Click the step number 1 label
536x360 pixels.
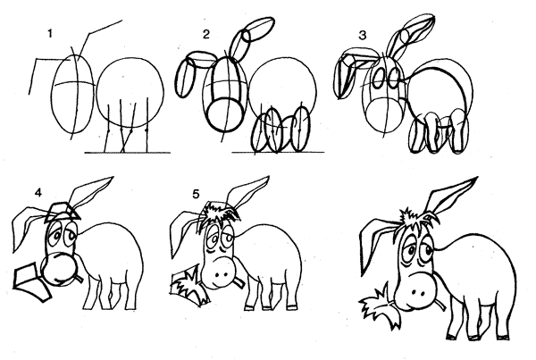point(50,34)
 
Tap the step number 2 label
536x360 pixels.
point(205,35)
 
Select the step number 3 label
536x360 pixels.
point(363,35)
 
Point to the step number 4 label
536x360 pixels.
point(38,193)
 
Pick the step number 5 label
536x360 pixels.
point(196,194)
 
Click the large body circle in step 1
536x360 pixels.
point(96,92)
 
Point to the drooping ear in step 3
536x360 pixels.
point(345,73)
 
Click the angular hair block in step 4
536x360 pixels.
point(63,212)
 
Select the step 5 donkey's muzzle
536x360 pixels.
point(220,272)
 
